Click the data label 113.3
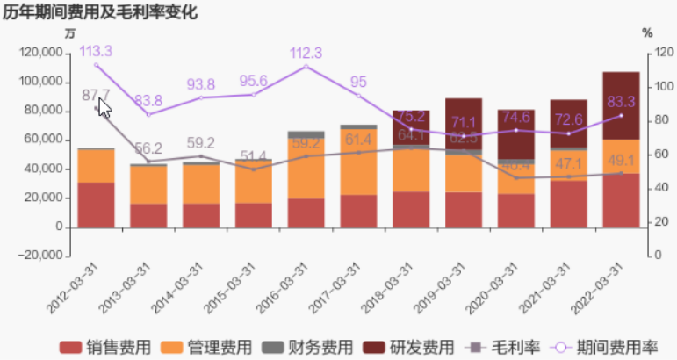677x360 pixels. (96, 51)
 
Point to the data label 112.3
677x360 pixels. (306, 53)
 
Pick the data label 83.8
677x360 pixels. (148, 100)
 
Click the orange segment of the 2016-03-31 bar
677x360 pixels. (306, 168)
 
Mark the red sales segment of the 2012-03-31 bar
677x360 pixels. (96, 204)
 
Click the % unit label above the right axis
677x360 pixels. (647, 32)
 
